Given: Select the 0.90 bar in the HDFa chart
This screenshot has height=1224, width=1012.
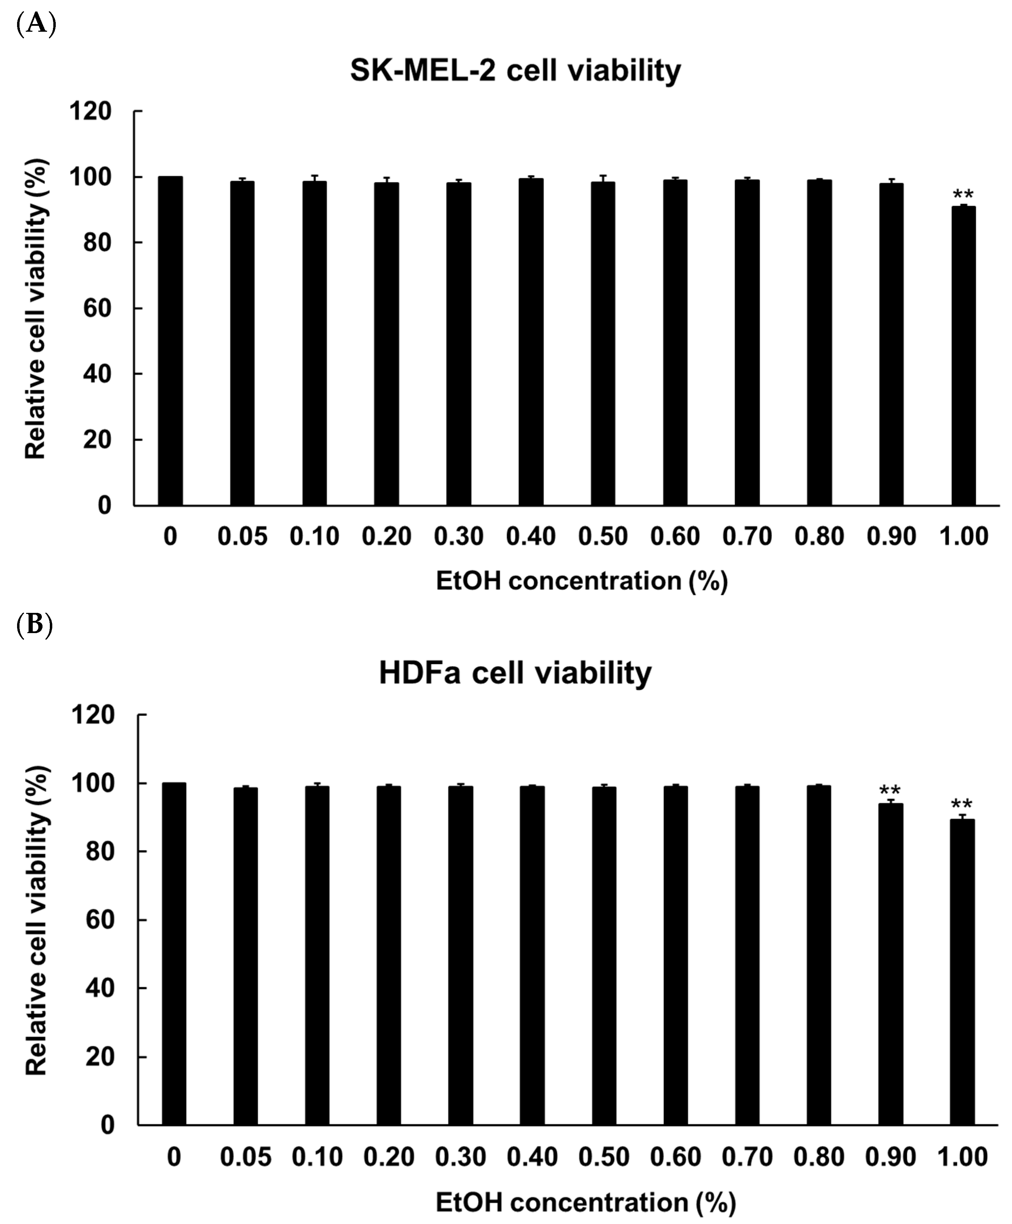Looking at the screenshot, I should [890, 965].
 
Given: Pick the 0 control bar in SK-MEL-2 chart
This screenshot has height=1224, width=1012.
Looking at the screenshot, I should [170, 341].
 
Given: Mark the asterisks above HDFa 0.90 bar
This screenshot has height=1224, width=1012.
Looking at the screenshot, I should [890, 791].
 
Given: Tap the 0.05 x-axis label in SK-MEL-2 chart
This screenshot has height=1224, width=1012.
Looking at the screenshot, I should [242, 536].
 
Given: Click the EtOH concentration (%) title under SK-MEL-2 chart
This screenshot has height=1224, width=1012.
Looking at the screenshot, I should [582, 581].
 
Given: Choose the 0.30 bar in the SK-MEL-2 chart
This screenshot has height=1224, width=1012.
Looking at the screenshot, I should [459, 344].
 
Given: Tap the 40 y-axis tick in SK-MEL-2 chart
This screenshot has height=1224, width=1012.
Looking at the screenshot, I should [97, 374].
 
